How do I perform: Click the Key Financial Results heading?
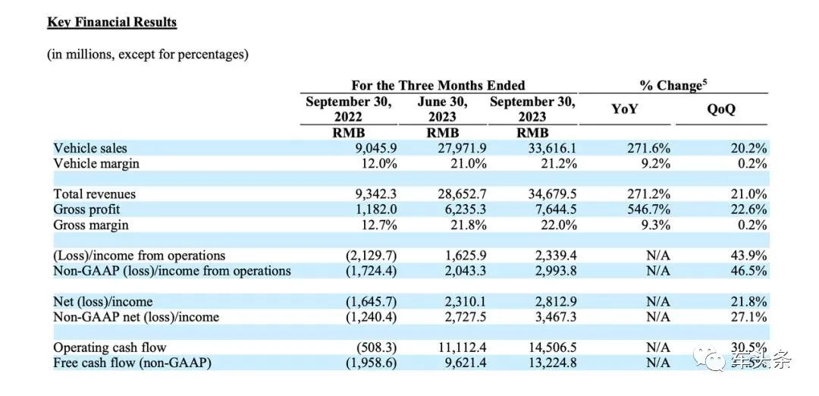coord(111,23)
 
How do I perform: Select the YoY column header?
coord(624,110)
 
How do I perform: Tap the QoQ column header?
coord(721,110)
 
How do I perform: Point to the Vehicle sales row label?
coord(89,148)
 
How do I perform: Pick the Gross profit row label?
coord(86,209)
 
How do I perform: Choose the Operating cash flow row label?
coord(110,347)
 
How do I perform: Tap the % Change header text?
coord(674,85)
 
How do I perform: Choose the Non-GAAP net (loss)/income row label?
coord(136,317)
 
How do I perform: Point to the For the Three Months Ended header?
coord(438,85)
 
